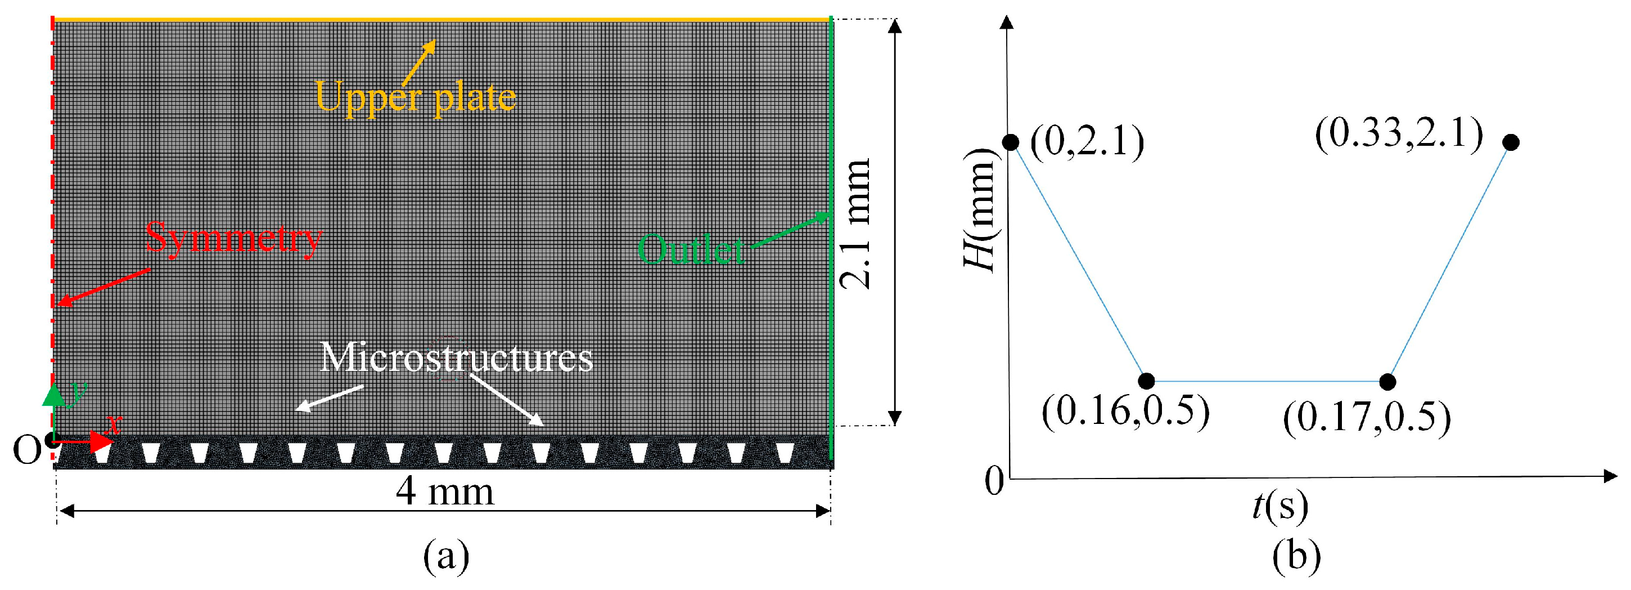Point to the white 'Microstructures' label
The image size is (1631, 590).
[x=456, y=358]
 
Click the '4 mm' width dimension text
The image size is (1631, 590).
[x=444, y=492]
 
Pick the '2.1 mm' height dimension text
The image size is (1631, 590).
[x=855, y=223]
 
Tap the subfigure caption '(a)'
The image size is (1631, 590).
[x=447, y=556]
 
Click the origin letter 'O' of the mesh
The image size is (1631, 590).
[x=26, y=450]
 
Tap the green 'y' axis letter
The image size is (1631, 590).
[x=78, y=392]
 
